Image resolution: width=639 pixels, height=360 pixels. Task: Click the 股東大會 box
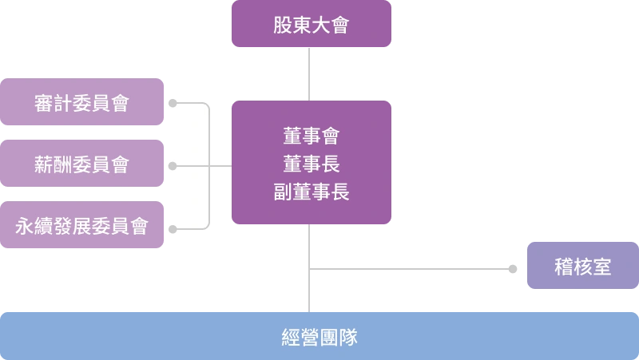pyautogui.click(x=311, y=25)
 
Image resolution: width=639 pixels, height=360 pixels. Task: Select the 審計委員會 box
pyautogui.click(x=82, y=103)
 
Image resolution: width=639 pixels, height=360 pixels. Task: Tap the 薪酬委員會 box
pyautogui.click(x=82, y=165)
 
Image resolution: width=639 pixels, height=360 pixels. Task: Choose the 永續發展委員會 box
pyautogui.click(x=82, y=226)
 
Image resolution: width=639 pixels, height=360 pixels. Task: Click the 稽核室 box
pyautogui.click(x=582, y=266)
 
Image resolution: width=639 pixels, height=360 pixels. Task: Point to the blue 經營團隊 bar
pyautogui.click(x=319, y=337)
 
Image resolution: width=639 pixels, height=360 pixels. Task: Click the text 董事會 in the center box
pyautogui.click(x=312, y=136)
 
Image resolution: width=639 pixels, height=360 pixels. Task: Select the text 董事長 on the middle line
pyautogui.click(x=312, y=164)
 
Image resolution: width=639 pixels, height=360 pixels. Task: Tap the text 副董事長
pyautogui.click(x=312, y=192)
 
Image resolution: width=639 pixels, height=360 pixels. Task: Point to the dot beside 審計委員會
pyautogui.click(x=173, y=103)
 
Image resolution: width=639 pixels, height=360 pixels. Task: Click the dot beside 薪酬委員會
pyautogui.click(x=173, y=166)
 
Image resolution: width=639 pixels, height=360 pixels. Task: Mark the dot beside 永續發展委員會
pyautogui.click(x=173, y=230)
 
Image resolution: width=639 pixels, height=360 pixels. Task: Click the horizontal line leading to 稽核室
pyautogui.click(x=407, y=271)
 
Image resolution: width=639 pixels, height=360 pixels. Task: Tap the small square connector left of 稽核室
pyautogui.click(x=511, y=267)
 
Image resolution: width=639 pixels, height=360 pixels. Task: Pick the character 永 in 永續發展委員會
pyautogui.click(x=25, y=227)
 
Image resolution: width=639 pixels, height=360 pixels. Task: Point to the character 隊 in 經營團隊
pyautogui.click(x=348, y=337)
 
